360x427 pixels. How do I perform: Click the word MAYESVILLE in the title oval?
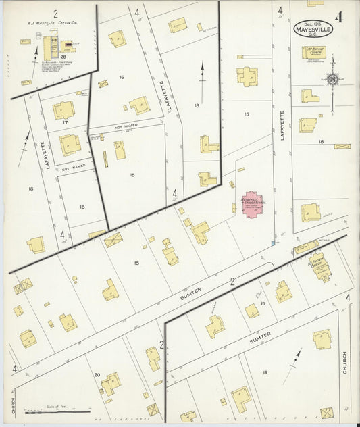pyautogui.click(x=313, y=29)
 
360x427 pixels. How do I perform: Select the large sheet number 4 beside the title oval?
pyautogui.click(x=338, y=17)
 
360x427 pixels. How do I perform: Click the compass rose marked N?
pyautogui.click(x=332, y=80)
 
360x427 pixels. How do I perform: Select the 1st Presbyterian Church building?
pyautogui.click(x=318, y=266)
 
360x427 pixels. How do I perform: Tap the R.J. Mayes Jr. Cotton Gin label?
pyautogui.click(x=46, y=22)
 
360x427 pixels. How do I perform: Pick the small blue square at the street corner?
pyautogui.click(x=273, y=243)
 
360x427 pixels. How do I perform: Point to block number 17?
pyautogui.click(x=65, y=122)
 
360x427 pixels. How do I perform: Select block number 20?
pyautogui.click(x=97, y=375)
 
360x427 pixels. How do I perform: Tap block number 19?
pyautogui.click(x=265, y=373)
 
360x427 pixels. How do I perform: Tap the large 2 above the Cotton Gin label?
pyautogui.click(x=55, y=12)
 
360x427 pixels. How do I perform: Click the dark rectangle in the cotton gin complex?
pyautogui.click(x=48, y=47)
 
